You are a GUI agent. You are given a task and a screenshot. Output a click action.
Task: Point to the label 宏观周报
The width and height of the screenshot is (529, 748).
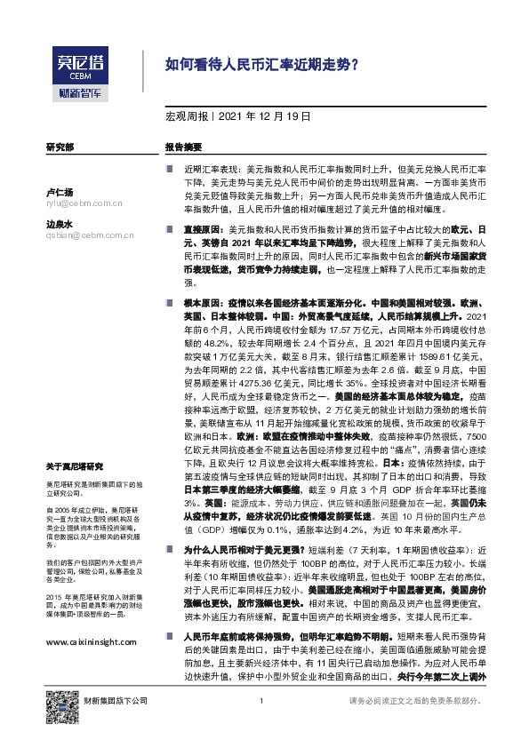(x=186, y=116)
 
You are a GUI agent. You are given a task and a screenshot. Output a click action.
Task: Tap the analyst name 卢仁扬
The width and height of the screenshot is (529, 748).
(x=59, y=192)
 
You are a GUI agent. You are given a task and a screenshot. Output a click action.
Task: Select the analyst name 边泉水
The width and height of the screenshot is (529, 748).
(x=59, y=225)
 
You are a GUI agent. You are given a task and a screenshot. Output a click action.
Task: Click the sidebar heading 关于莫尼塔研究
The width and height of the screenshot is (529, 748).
(x=75, y=466)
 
